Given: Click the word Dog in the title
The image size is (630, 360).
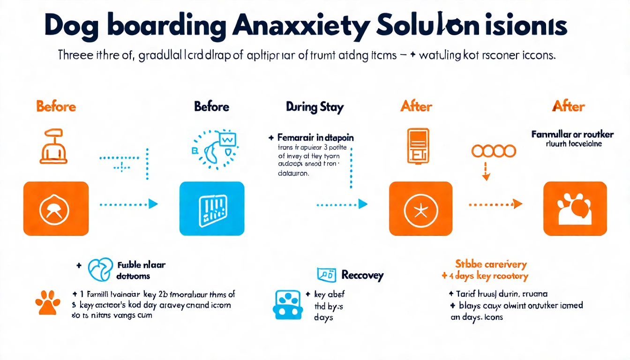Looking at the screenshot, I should click(73, 27).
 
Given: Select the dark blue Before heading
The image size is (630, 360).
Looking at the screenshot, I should click(211, 107).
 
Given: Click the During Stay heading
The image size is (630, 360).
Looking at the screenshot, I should click(315, 107).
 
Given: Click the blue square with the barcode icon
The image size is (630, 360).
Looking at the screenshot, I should click(212, 209).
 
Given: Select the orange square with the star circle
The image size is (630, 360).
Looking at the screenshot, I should click(420, 209).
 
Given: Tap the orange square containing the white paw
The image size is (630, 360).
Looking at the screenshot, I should click(575, 209).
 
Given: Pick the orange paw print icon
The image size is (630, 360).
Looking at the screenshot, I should click(48, 302).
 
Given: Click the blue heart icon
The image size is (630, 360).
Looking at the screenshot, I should click(100, 270).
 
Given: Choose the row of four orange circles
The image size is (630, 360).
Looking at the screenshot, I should click(494, 151).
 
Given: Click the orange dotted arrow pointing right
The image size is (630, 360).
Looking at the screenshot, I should click(495, 204).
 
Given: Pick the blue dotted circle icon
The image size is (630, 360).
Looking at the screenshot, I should click(214, 149).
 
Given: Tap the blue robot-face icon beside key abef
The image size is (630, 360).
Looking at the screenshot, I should click(287, 304).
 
